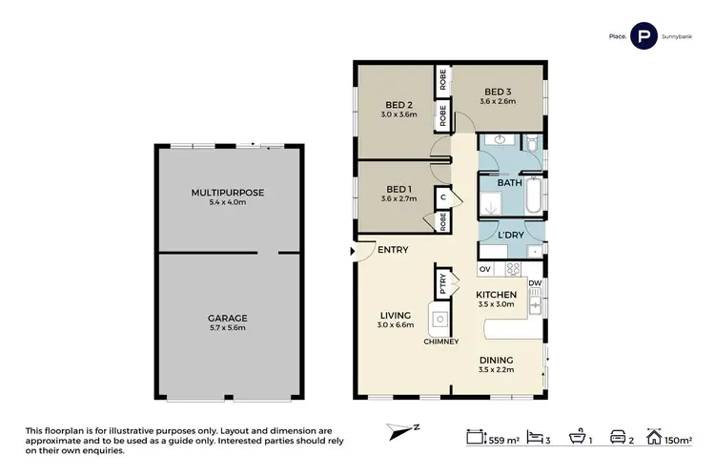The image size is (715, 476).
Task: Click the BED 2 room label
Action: (398, 104)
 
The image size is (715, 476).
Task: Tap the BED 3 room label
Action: (497, 91)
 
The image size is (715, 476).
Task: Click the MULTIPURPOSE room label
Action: (228, 192)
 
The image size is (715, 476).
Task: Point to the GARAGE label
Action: (228, 317)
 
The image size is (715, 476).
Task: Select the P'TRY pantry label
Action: (443, 282)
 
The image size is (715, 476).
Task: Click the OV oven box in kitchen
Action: (483, 269)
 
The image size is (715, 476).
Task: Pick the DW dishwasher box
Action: (535, 283)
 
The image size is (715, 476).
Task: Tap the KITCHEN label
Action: (496, 295)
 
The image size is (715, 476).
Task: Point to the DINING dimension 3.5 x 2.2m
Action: (496, 369)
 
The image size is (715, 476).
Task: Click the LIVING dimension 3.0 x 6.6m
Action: (394, 325)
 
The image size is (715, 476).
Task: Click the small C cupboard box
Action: (443, 198)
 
